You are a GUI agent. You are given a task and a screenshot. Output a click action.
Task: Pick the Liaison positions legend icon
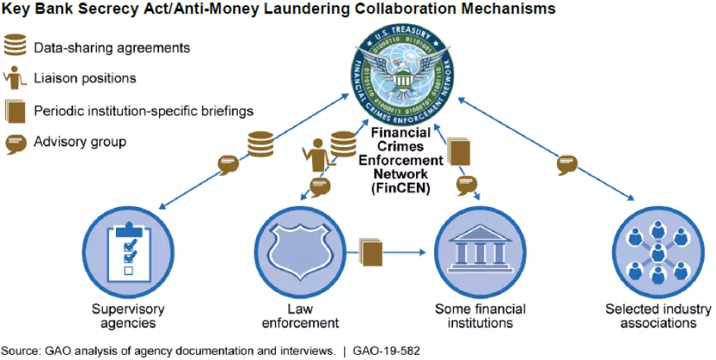(14, 78)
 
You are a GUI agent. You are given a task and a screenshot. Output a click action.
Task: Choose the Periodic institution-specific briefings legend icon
(15, 111)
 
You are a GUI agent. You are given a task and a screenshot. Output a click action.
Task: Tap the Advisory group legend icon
(15, 142)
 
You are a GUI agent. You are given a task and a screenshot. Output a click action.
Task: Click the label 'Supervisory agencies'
(128, 316)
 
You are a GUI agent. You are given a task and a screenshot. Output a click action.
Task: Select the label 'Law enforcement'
(300, 316)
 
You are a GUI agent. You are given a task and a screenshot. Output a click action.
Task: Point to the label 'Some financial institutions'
(474, 316)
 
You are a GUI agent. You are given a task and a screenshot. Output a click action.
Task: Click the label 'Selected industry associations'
(658, 316)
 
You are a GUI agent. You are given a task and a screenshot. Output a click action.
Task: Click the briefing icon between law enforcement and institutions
(371, 250)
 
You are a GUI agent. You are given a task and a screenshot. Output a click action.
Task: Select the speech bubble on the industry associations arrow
(565, 164)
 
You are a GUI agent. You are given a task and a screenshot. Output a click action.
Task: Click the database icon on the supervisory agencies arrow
(260, 143)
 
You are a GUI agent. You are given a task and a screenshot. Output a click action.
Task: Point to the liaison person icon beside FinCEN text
(315, 157)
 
